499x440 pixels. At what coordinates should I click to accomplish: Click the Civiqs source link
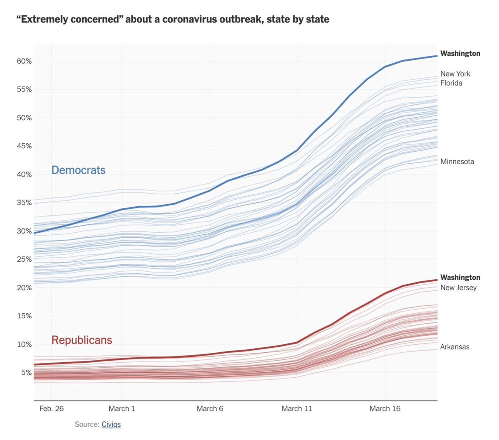tap(111, 424)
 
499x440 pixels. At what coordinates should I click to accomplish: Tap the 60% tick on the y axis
tap(24, 61)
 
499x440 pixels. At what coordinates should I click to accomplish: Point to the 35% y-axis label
tap(24, 203)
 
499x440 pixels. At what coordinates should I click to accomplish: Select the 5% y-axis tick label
tap(26, 373)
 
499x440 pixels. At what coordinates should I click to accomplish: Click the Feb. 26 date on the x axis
tap(52, 408)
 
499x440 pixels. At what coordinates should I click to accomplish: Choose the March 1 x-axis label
tap(122, 408)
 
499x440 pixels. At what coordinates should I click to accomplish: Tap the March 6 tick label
tap(210, 408)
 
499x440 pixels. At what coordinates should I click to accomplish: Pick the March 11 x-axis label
tap(297, 408)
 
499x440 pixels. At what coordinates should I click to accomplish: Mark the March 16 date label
tap(385, 408)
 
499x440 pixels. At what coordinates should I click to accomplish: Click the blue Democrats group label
tap(78, 170)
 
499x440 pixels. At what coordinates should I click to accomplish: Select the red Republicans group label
tap(82, 340)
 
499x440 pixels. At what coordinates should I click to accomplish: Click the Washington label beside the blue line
tap(460, 54)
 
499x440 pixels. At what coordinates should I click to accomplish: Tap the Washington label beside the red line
tap(460, 277)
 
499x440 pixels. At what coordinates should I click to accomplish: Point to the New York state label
tap(455, 74)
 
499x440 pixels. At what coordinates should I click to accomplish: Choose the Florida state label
tap(451, 83)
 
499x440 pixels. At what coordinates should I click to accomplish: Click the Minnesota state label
tap(457, 162)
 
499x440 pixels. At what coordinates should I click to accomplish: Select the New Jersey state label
tap(458, 288)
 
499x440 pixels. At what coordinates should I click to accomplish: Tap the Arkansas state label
tap(455, 347)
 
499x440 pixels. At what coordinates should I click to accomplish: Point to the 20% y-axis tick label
tap(24, 288)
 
